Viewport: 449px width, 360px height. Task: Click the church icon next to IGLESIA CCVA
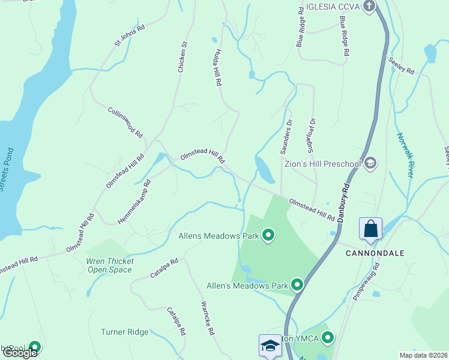point(369,7)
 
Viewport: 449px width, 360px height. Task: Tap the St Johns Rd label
point(130,36)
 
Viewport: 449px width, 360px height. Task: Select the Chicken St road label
point(182,57)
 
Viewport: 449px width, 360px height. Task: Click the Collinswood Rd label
point(125,122)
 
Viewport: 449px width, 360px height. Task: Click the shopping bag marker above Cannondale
point(370,229)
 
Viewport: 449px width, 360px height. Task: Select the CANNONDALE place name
point(372,253)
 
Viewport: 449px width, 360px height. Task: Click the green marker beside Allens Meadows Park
point(268,236)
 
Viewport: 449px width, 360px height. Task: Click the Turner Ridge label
point(124,332)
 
